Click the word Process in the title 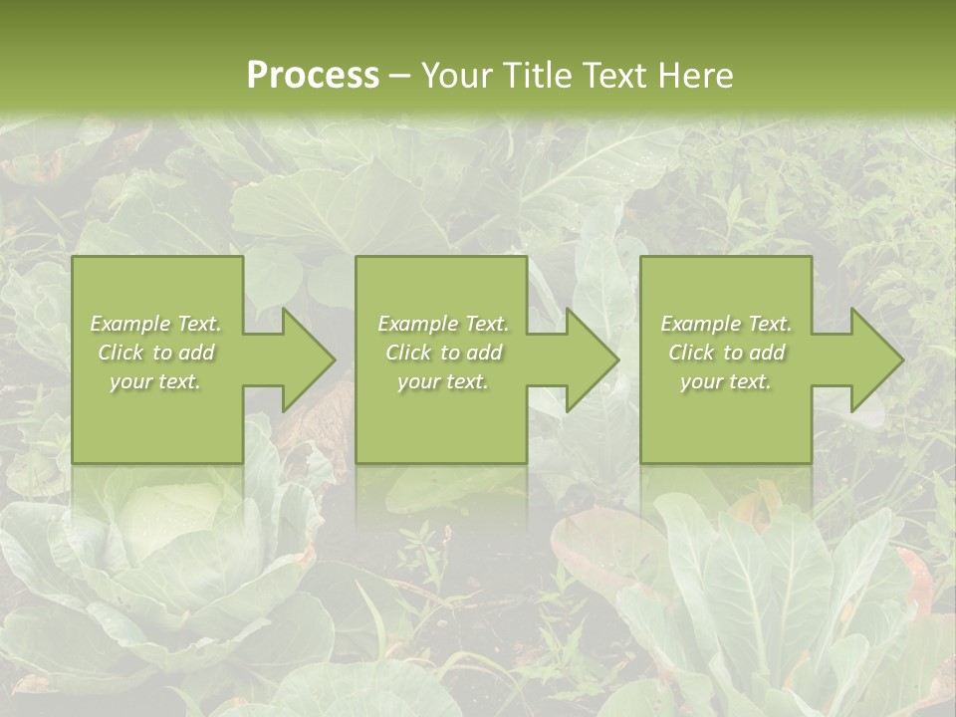[313, 76]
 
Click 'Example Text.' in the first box [156, 324]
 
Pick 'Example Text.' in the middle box [443, 324]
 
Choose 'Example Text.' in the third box [726, 324]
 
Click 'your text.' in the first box [155, 381]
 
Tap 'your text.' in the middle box [442, 381]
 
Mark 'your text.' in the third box [725, 381]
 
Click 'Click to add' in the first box [156, 353]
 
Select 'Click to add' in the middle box [443, 353]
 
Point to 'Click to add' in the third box [726, 353]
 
